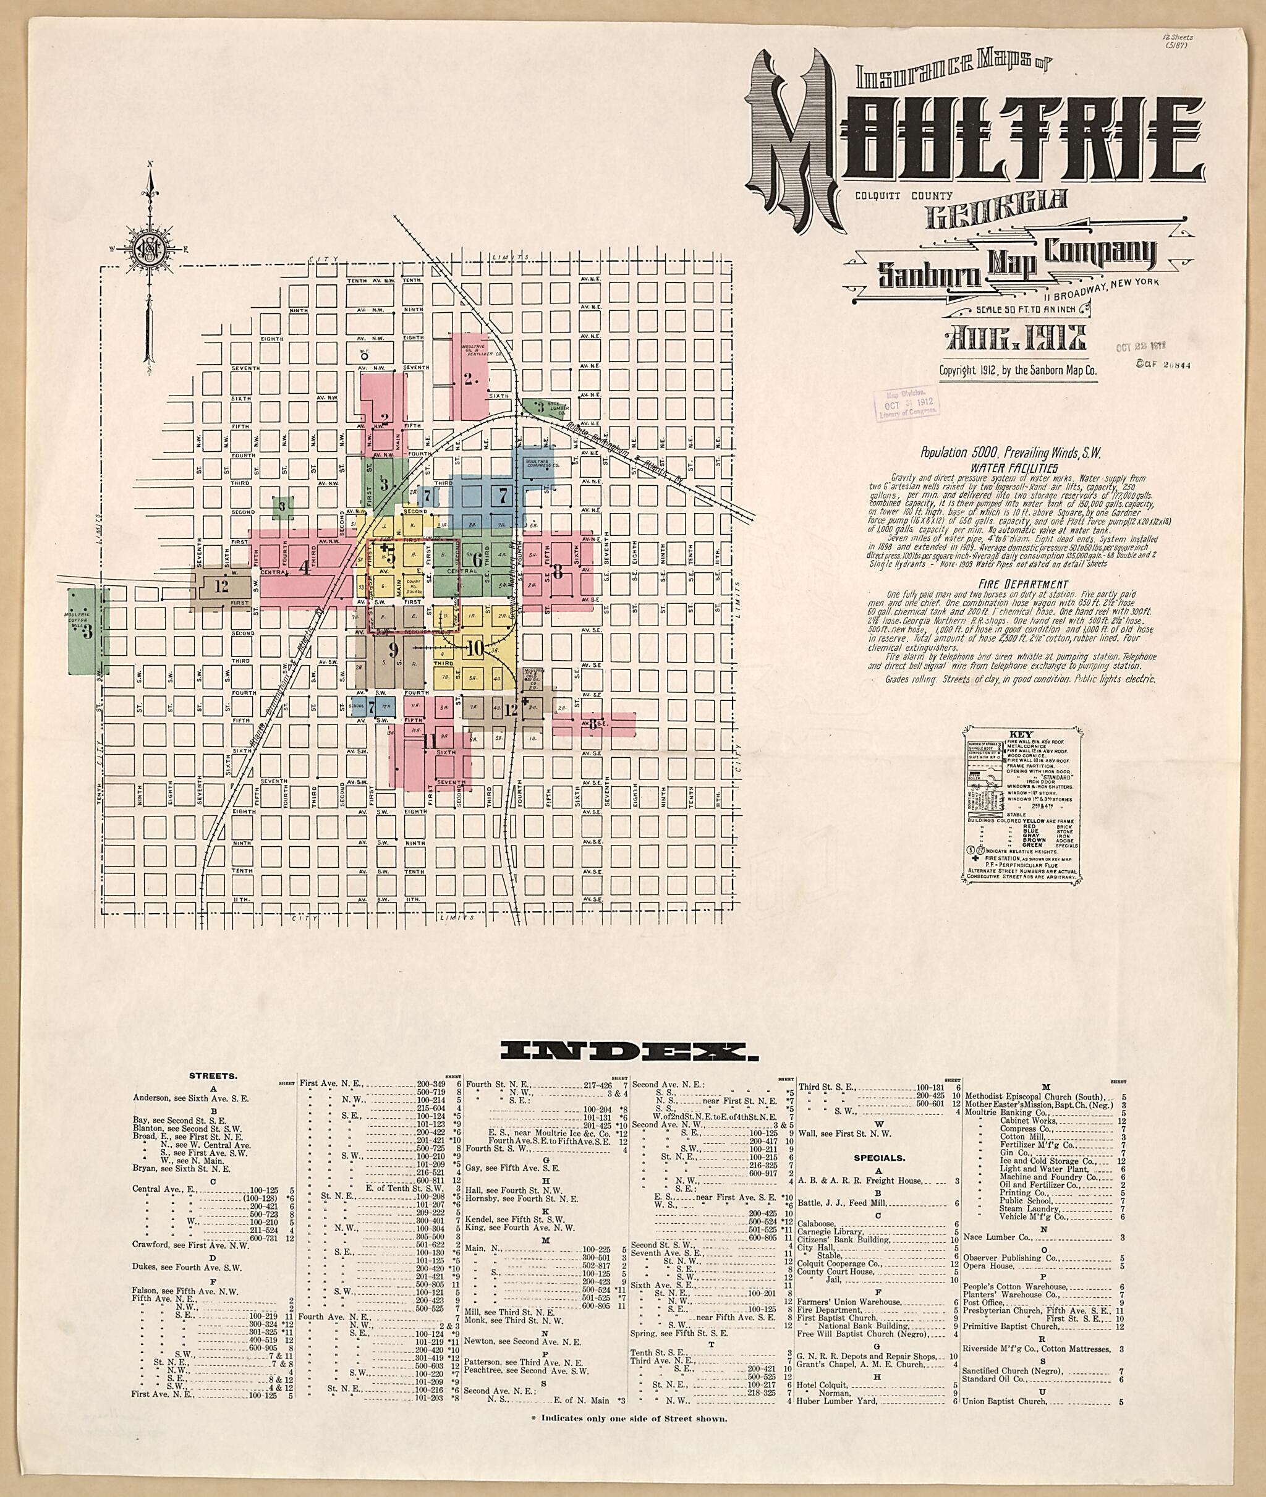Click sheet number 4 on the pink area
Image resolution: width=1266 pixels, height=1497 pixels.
304,567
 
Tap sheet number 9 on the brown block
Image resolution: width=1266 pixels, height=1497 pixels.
393,650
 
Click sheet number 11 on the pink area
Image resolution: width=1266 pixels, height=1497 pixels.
430,740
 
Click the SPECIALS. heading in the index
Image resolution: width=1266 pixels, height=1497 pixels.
879,1158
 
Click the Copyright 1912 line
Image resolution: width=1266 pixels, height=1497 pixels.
1017,371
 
